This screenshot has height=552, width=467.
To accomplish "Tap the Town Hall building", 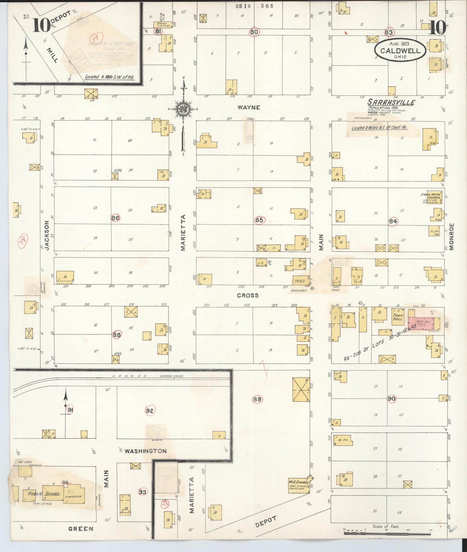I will pyautogui.click(x=398, y=317).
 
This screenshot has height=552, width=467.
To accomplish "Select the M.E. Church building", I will pyautogui.click(x=298, y=484).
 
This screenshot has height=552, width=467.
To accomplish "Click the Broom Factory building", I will pyautogui.click(x=164, y=25).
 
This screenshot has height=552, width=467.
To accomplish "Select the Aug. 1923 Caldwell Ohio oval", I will pyautogui.click(x=400, y=49).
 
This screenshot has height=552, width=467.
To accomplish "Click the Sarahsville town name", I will pyautogui.click(x=391, y=103).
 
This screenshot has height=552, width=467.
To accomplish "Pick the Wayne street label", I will pyautogui.click(x=249, y=107).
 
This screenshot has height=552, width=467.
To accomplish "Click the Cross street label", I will pyautogui.click(x=248, y=295).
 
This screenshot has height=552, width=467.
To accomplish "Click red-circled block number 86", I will pyautogui.click(x=116, y=218).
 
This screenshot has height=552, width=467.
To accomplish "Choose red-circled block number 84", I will pyautogui.click(x=393, y=221).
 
